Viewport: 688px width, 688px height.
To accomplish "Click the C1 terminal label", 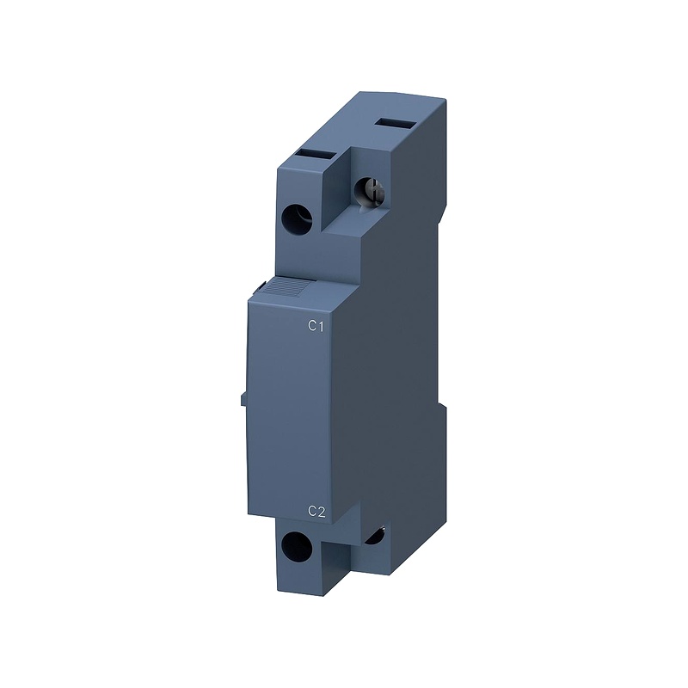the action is coord(316,326).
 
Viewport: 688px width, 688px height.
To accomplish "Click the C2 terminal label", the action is coord(316,512).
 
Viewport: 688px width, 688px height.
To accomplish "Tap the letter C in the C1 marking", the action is coord(312,326).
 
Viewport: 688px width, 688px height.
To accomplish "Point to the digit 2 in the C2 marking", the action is coord(322,512).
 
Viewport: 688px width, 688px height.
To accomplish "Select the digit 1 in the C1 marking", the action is coord(321,326).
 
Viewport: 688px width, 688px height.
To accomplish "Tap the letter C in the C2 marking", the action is coord(312,512).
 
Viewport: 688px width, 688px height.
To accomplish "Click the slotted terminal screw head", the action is coord(371,191).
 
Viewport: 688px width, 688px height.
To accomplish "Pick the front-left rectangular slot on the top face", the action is coord(316,155).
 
